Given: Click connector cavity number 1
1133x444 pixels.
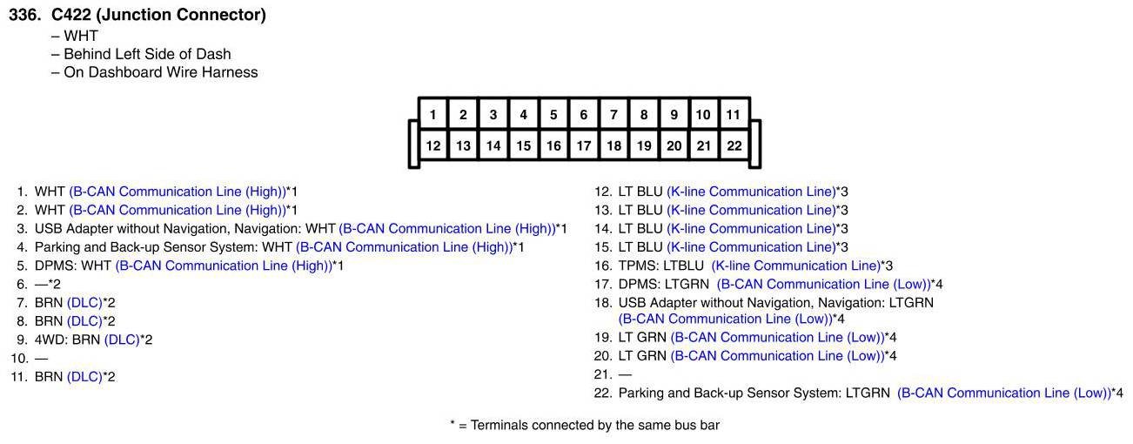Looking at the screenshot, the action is click(432, 114).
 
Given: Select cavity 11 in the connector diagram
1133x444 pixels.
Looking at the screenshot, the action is click(734, 114).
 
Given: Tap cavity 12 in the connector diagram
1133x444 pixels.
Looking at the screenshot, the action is click(432, 145).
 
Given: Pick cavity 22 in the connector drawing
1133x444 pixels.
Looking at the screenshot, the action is click(734, 145).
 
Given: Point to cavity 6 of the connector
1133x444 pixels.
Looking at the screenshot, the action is click(583, 114).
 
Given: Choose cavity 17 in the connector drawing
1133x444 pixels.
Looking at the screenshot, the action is click(583, 145).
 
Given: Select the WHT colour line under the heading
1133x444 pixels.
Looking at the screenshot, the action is click(80, 36).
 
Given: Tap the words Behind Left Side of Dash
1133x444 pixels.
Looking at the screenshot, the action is click(147, 54).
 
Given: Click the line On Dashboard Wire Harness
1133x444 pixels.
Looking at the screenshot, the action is click(160, 72).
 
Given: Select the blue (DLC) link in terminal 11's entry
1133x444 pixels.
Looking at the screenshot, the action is click(84, 377).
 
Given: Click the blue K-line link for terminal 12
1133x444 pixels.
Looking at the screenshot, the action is click(750, 192).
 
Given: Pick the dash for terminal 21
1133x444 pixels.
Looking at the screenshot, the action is click(625, 374).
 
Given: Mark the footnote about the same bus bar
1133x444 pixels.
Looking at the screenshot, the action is click(584, 426).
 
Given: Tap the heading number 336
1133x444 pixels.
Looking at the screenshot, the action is click(23, 15).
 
